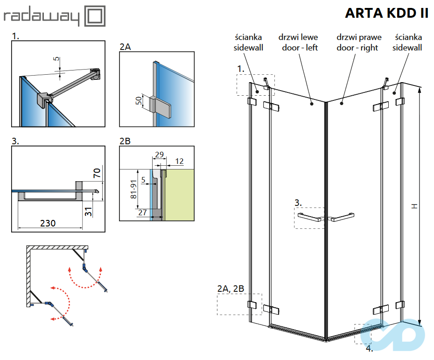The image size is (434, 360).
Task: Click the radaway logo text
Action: click(x=42, y=17)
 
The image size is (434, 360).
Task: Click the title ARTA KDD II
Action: click(x=386, y=13)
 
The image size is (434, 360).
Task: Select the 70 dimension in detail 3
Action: click(x=97, y=174)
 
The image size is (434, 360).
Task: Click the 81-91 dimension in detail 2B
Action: click(x=134, y=190)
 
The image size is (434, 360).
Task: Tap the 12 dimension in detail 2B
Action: click(x=179, y=161)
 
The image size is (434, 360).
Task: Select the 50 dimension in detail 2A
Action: click(x=139, y=101)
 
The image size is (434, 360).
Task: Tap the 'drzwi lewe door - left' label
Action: click(x=299, y=42)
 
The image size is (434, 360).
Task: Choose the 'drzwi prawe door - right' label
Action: click(x=358, y=42)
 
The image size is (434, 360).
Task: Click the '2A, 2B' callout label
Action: click(x=231, y=289)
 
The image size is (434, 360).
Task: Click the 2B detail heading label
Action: click(x=125, y=141)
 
